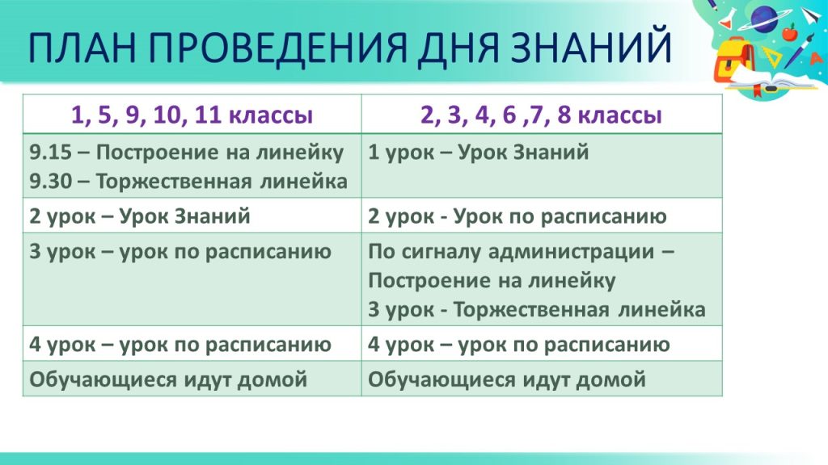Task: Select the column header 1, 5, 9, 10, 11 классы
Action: point(192,115)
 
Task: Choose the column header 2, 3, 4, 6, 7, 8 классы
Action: point(541,115)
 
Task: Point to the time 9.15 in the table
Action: point(50,153)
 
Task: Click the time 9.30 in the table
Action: point(50,182)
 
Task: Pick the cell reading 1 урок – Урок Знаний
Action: point(479,153)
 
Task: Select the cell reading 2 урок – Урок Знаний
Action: point(140,216)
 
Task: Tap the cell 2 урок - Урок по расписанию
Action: point(517,216)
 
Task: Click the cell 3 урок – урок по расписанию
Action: point(180,252)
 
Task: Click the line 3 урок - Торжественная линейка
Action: point(537,309)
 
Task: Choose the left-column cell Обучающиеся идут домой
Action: point(168,379)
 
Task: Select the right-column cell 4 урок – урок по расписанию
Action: point(519,345)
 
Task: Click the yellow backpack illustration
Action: point(734,65)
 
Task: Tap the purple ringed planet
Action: point(764,19)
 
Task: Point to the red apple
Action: point(789,32)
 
